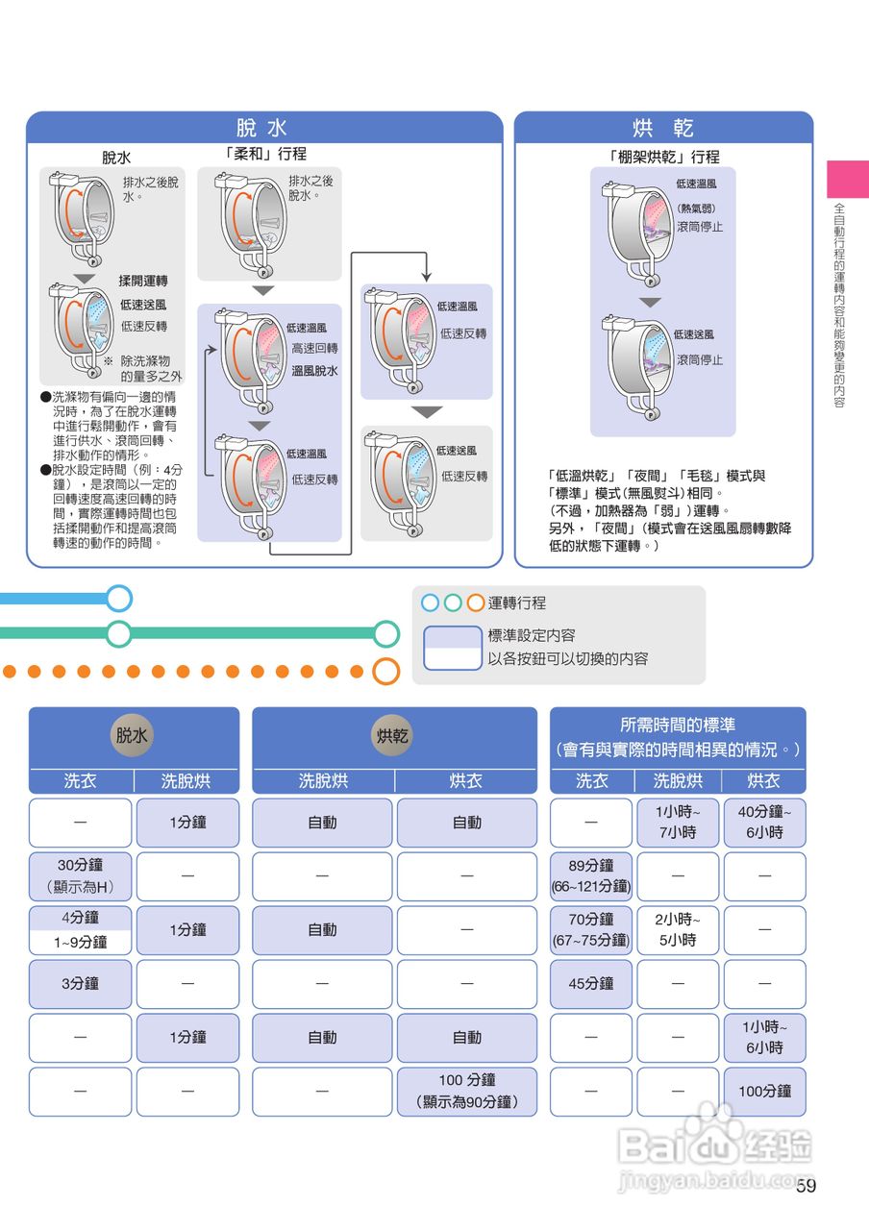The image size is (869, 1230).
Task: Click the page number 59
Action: click(806, 1186)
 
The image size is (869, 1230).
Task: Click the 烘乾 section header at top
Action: click(663, 128)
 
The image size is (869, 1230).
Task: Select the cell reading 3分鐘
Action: click(80, 983)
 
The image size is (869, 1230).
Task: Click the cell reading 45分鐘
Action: click(590, 983)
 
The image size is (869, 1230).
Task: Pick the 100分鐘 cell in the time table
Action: click(764, 1091)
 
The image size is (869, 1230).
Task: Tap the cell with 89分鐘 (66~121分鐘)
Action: click(590, 875)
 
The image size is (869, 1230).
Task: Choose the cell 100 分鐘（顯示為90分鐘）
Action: click(466, 1091)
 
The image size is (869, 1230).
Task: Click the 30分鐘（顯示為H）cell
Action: click(80, 875)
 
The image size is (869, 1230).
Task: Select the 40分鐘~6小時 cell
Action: click(764, 822)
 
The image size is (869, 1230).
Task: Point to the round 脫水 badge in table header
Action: click(133, 736)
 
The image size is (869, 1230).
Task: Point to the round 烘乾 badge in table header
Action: click(393, 736)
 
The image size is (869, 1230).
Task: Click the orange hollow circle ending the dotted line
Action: click(385, 671)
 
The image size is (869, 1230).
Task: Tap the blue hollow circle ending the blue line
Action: click(118, 599)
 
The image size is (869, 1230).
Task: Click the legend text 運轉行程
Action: click(517, 603)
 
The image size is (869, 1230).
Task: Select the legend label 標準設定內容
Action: click(532, 635)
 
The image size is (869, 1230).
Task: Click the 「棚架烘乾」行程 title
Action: click(663, 157)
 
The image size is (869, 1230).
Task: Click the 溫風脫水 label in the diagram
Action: click(314, 370)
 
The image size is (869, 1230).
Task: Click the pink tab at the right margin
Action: click(847, 179)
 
